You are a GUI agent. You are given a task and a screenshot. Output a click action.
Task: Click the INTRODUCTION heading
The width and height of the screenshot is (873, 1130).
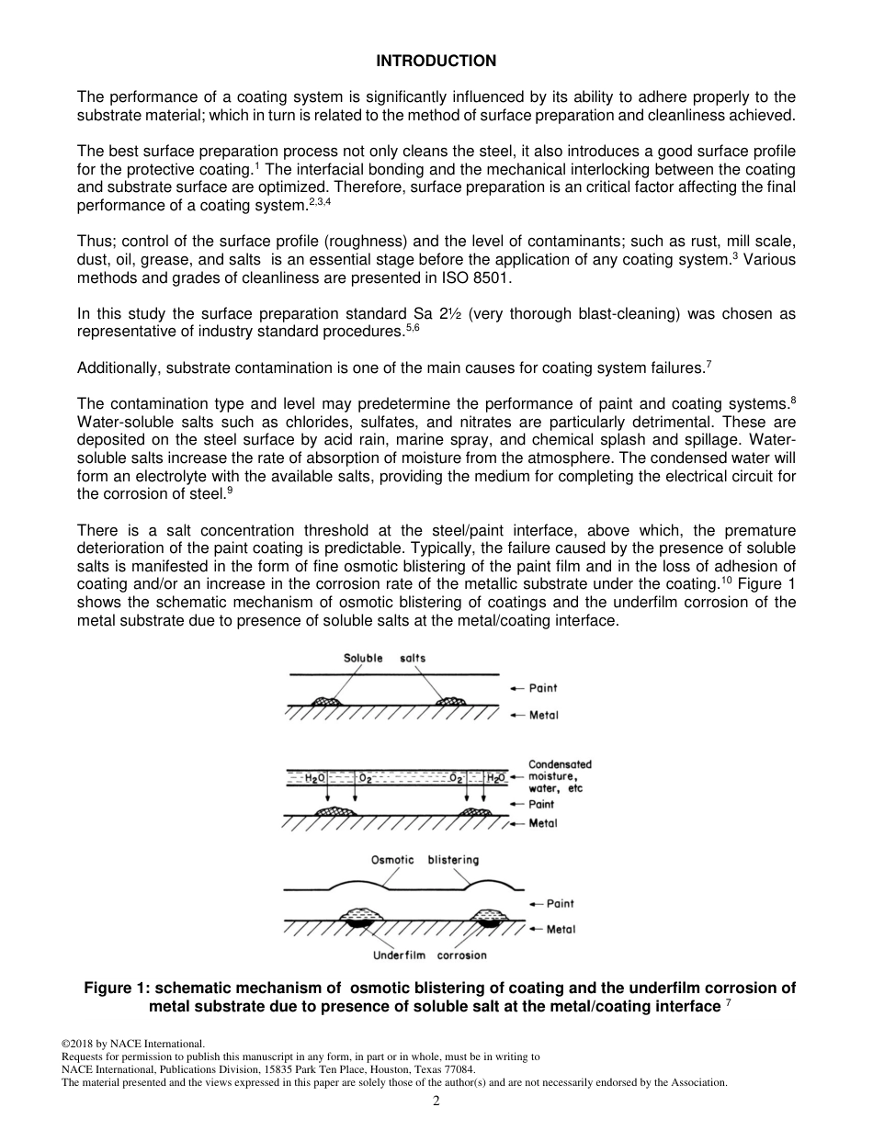436,61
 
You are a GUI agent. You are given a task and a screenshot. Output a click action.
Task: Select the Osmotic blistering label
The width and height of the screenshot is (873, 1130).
425,860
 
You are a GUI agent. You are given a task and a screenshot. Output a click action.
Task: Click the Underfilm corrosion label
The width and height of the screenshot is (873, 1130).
429,955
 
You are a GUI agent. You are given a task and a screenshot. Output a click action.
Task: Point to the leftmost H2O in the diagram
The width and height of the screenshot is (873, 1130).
314,778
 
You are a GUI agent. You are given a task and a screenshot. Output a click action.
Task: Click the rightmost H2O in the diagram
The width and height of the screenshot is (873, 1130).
495,778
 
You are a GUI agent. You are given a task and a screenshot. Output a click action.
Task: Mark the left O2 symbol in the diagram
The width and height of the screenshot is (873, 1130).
365,778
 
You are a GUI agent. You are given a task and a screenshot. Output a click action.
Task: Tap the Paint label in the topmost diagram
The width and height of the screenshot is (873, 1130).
543,688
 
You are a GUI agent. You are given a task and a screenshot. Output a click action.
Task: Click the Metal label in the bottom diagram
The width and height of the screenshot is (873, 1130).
561,929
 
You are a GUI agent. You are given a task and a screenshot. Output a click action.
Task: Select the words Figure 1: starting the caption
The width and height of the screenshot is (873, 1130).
118,989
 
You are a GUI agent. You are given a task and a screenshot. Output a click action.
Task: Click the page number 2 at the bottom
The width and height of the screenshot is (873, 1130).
436,1102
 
